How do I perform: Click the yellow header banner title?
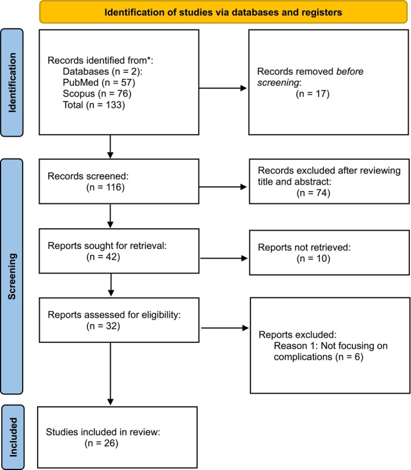(223, 12)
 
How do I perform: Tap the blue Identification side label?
(12, 83)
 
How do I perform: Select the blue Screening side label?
(12, 276)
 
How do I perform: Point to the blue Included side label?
(13, 438)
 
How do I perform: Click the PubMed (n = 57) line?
(99, 82)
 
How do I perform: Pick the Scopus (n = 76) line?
(97, 93)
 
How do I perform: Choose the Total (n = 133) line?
(94, 105)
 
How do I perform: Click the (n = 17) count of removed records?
(313, 94)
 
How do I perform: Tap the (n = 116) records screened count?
(106, 187)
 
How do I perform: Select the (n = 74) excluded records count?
(314, 193)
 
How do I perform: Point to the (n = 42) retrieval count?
(103, 257)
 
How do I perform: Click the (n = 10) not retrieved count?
(314, 258)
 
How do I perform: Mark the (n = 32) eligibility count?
(103, 326)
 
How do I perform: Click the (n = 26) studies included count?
(101, 443)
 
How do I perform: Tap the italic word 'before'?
(350, 71)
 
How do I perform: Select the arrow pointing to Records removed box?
(223, 88)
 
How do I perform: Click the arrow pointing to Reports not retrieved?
(224, 258)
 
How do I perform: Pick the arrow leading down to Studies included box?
(111, 374)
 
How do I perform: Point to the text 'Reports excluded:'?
(297, 335)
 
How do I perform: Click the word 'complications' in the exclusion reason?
(303, 357)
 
